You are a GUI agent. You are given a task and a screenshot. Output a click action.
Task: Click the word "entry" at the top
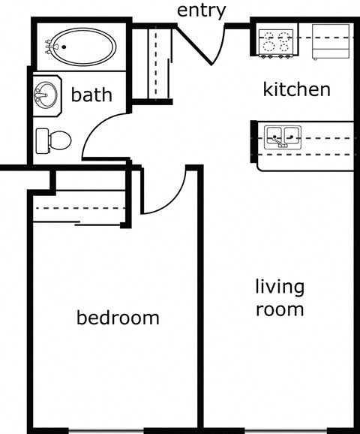[x=200, y=11]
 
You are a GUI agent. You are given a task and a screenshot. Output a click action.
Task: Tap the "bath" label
[x=91, y=95]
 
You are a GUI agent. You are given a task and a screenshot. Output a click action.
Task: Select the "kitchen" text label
[x=296, y=89]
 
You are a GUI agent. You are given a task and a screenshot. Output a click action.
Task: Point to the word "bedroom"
[x=118, y=318]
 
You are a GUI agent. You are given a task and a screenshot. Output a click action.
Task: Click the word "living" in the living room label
[x=279, y=288]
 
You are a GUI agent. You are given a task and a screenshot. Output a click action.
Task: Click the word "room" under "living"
[x=279, y=309]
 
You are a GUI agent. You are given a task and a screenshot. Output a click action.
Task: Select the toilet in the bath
[x=54, y=139]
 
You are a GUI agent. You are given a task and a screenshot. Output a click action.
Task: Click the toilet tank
[x=41, y=139]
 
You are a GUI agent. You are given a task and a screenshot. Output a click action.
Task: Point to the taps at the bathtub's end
[x=50, y=47]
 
